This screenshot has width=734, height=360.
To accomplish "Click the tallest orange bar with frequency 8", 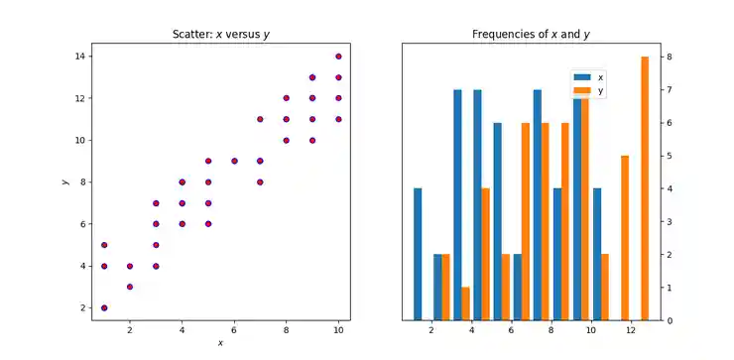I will click(x=645, y=188).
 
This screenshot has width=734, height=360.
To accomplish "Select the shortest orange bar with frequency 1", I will click(x=465, y=303).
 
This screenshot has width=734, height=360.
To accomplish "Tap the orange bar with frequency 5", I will click(x=625, y=238).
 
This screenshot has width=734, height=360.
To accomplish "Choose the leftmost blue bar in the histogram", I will click(x=418, y=254).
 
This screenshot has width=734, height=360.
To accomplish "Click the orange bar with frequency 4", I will click(x=485, y=254).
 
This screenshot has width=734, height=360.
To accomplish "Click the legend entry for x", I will click(x=589, y=76).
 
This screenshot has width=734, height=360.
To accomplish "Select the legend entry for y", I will click(x=589, y=90).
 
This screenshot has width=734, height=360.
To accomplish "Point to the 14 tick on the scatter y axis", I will click(x=82, y=57).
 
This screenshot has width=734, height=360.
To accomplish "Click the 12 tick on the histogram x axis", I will click(x=631, y=333).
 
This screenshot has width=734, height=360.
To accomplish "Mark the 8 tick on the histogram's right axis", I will click(x=670, y=57).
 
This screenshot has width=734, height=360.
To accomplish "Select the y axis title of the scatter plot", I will click(x=64, y=181).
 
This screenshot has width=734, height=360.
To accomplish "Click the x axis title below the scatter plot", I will click(x=220, y=343).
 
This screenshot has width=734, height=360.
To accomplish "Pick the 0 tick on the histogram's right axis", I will click(x=670, y=320).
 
